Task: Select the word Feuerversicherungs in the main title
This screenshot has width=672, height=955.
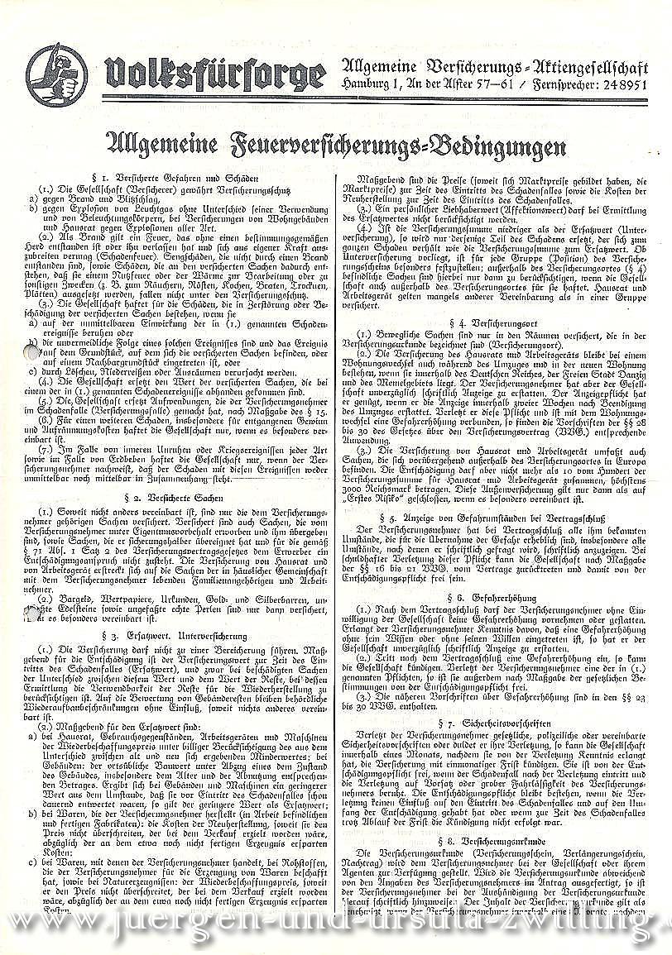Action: point(340,148)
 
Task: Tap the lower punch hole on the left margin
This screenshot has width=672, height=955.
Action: point(32,612)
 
